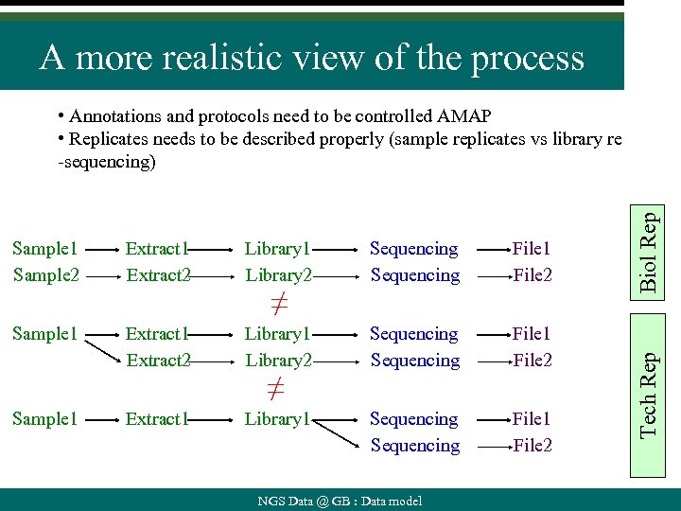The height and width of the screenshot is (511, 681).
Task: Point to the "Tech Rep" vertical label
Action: point(648,394)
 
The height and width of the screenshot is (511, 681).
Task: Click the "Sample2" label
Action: point(44,275)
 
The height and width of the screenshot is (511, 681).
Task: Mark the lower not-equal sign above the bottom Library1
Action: point(274,389)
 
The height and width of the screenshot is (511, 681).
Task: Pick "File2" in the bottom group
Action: point(532,446)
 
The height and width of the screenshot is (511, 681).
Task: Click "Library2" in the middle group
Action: point(277,361)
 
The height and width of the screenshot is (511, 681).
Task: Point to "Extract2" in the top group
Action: point(158,275)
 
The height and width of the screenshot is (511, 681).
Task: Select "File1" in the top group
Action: point(532,249)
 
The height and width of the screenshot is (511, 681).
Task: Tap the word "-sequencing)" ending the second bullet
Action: point(104,162)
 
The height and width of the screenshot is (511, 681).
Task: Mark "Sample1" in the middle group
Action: point(44,334)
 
